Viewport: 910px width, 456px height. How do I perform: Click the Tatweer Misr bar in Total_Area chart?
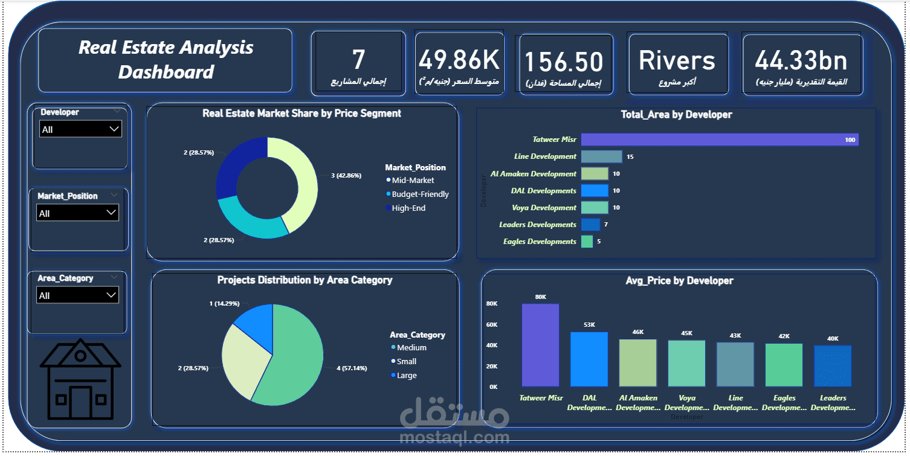point(719,140)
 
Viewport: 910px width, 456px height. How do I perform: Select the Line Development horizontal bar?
point(601,156)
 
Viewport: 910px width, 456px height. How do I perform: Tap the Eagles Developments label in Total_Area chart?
point(539,242)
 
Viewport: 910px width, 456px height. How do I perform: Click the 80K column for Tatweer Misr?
point(540,345)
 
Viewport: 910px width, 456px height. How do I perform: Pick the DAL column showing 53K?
point(589,359)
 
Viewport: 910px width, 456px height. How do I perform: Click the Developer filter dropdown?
point(80,129)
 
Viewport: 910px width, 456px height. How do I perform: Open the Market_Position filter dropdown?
point(77,213)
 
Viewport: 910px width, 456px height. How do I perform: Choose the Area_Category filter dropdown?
point(77,295)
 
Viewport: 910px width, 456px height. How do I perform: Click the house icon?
point(80,380)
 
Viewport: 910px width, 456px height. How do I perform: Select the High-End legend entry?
point(408,208)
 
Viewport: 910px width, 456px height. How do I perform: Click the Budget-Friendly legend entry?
point(419,194)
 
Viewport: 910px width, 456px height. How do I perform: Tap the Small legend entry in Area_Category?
point(406,362)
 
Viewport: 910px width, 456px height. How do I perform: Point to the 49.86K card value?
point(459,60)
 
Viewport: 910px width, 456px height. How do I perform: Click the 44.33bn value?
point(801,60)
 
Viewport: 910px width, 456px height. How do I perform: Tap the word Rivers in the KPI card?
point(677,60)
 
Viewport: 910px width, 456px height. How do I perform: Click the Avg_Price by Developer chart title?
point(680,281)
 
